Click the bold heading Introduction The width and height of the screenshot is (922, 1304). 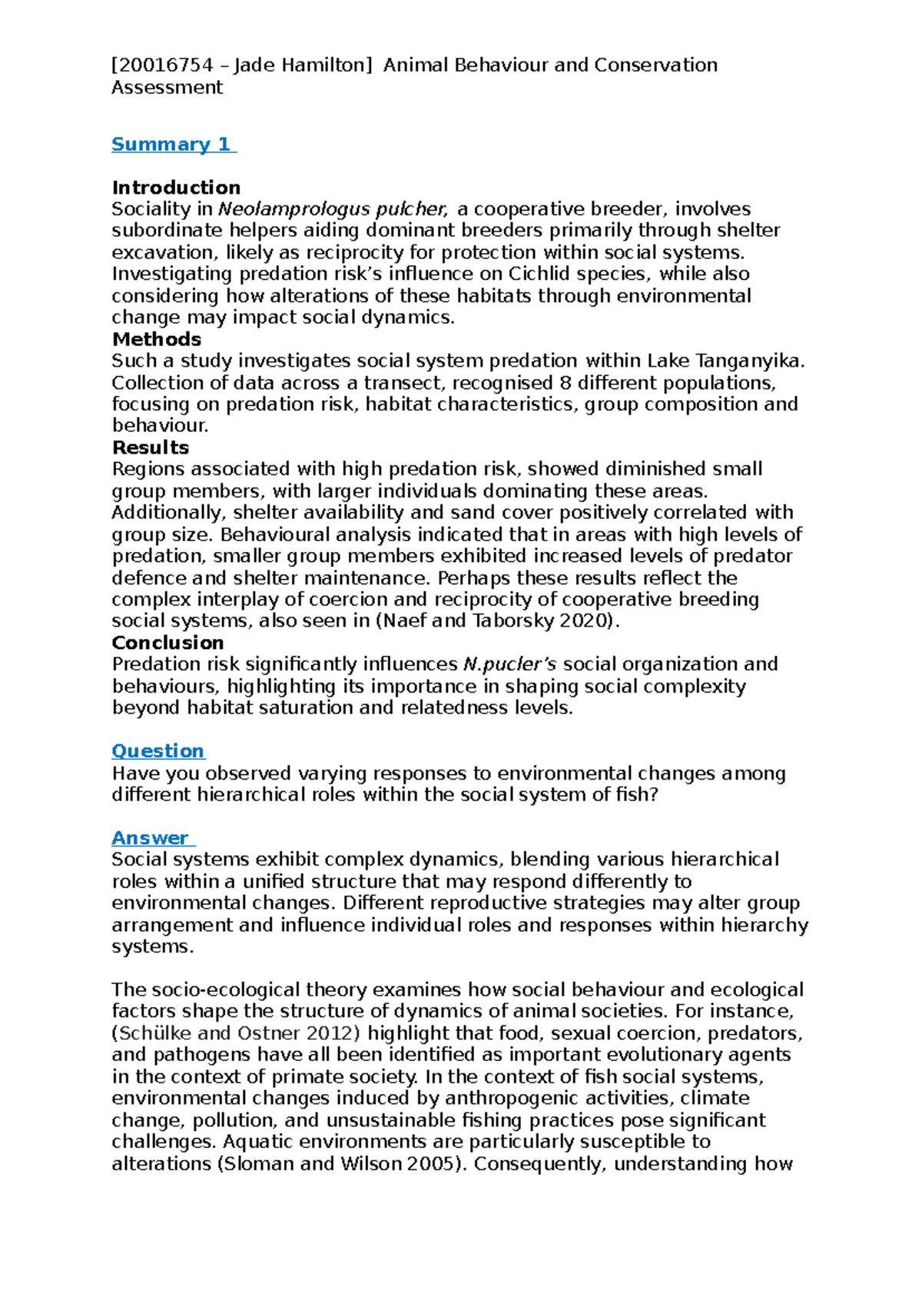point(176,188)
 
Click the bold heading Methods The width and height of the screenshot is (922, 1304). point(157,339)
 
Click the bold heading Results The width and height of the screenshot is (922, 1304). point(151,447)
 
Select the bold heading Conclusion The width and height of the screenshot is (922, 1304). point(167,643)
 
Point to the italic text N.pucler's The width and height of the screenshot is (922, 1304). point(510,664)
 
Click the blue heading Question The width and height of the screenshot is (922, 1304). point(158,751)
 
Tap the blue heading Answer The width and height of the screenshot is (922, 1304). point(150,838)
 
